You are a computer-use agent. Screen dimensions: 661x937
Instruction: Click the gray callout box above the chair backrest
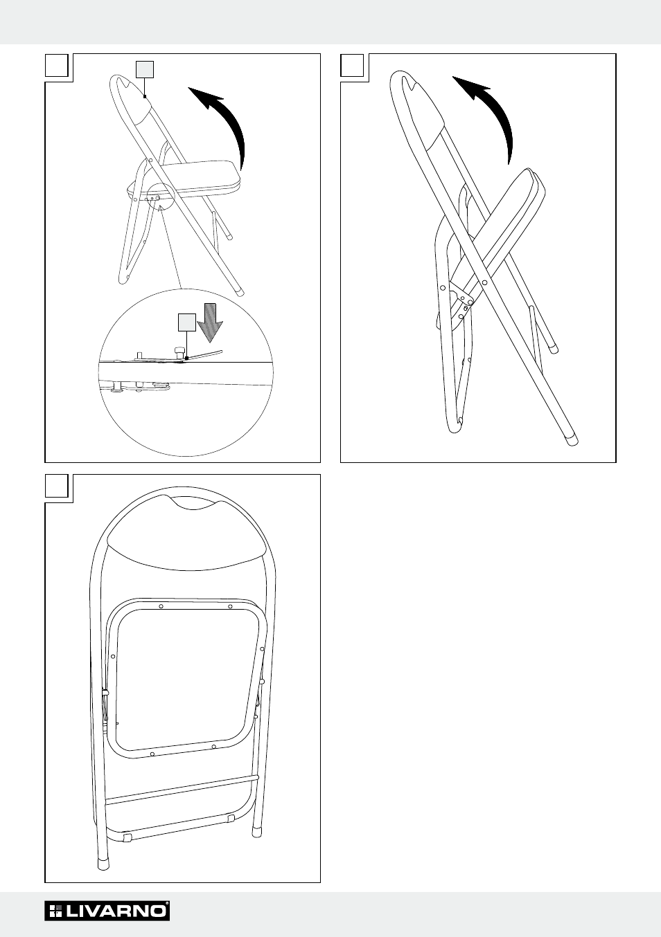coord(145,69)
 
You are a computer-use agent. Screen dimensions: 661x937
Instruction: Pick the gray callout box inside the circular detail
coord(187,322)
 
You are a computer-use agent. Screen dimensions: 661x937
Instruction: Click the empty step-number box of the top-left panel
coord(57,65)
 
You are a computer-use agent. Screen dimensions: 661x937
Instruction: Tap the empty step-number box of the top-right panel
coord(352,65)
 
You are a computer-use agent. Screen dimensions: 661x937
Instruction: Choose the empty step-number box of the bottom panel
coord(57,486)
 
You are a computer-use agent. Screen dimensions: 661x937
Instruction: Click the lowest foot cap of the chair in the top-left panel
coord(239,291)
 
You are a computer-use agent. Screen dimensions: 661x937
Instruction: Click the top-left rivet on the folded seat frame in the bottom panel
coord(161,606)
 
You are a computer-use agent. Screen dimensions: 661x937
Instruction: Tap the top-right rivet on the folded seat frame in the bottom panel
coord(230,606)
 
